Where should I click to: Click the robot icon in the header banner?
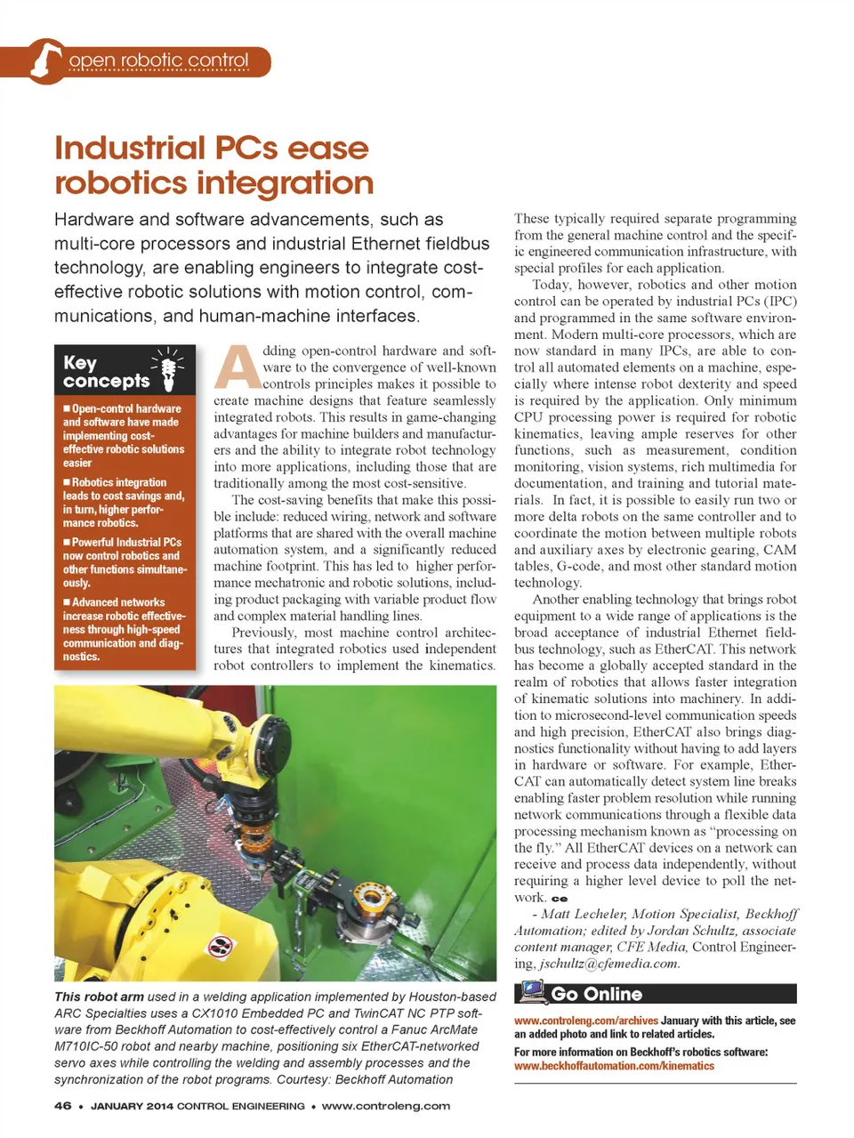tap(44, 61)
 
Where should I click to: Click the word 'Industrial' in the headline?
tap(130, 148)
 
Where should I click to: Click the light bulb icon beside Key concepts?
tap(167, 368)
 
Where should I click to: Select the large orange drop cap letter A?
tap(237, 367)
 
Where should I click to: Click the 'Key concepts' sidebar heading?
tap(105, 371)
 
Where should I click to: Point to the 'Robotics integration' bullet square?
tap(67, 482)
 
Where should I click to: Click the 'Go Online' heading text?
tap(596, 994)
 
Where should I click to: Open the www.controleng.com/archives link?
tap(586, 1021)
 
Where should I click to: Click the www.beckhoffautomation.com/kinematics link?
tap(614, 1066)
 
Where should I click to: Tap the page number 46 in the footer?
tap(62, 1106)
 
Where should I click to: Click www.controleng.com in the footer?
tap(386, 1106)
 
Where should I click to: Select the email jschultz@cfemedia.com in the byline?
tap(609, 964)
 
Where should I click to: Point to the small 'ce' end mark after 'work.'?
tap(560, 899)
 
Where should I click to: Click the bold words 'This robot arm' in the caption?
tap(99, 997)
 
